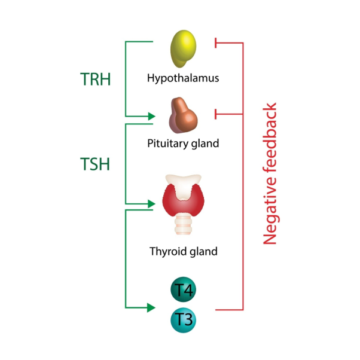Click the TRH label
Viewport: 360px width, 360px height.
pos(96,78)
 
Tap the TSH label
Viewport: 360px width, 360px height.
pos(95,163)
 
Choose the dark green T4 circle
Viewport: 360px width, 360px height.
pos(183,290)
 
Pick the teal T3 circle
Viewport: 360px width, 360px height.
pos(183,319)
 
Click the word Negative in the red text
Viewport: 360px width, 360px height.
pos(271,213)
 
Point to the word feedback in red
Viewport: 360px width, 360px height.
pos(271,141)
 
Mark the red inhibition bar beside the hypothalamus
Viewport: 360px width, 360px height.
pos(215,43)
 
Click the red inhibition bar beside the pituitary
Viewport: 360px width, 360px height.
pos(215,113)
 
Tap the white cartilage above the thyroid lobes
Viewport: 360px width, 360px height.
pos(183,181)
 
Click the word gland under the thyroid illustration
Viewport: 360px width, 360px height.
pos(203,251)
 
